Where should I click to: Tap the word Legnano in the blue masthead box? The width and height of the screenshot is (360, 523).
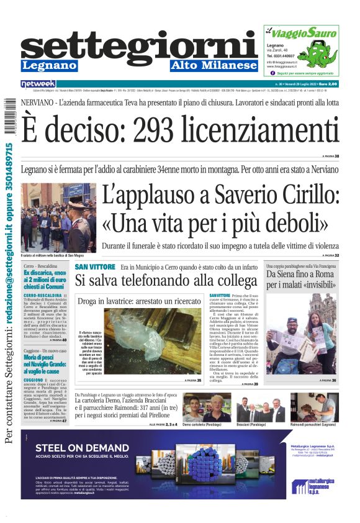point(49,65)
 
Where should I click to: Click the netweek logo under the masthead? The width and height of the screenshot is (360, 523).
point(38,83)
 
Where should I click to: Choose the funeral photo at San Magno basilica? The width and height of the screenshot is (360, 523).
point(58,217)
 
